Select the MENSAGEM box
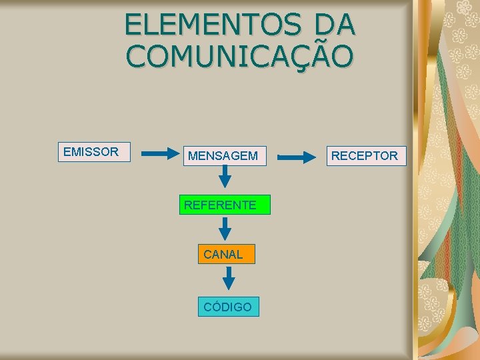pos(225,156)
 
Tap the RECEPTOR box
pos(365,156)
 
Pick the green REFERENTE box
pos(225,205)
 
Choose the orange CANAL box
pos(226,254)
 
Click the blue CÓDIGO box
pos(228,307)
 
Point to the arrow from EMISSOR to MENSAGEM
pos(161,154)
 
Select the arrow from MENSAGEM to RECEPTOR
pos(297,158)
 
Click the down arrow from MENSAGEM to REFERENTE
pos(225,177)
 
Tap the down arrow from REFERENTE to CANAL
pos(225,229)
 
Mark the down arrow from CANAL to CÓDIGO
pos(229,278)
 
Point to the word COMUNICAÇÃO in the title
pos(239,57)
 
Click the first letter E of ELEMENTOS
pos(132,25)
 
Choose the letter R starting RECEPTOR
pos(336,156)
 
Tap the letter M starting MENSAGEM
pos(193,156)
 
